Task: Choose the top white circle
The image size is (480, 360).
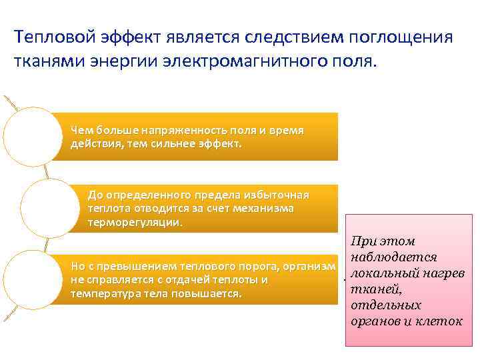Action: [33, 136]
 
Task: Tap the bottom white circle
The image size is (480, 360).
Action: [33, 279]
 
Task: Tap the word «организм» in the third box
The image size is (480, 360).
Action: [308, 267]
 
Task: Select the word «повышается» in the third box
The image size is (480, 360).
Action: [209, 293]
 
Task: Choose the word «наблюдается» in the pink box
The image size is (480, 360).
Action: [393, 257]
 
